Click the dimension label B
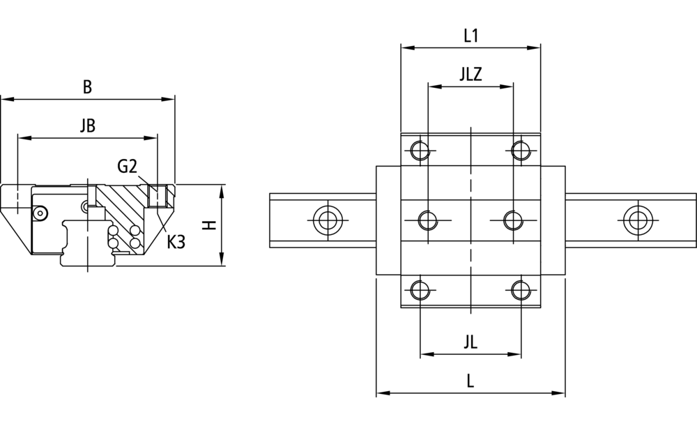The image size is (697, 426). coord(88,86)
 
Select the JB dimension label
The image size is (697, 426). coord(88,125)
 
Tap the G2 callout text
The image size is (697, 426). coord(127,167)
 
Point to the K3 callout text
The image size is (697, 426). coord(176,242)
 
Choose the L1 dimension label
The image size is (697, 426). coord(470,36)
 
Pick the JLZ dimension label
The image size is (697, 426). coord(470,74)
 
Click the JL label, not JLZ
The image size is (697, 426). coord(470,342)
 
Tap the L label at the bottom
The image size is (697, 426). coord(470,381)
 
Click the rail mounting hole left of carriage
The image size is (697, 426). coord(328,220)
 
